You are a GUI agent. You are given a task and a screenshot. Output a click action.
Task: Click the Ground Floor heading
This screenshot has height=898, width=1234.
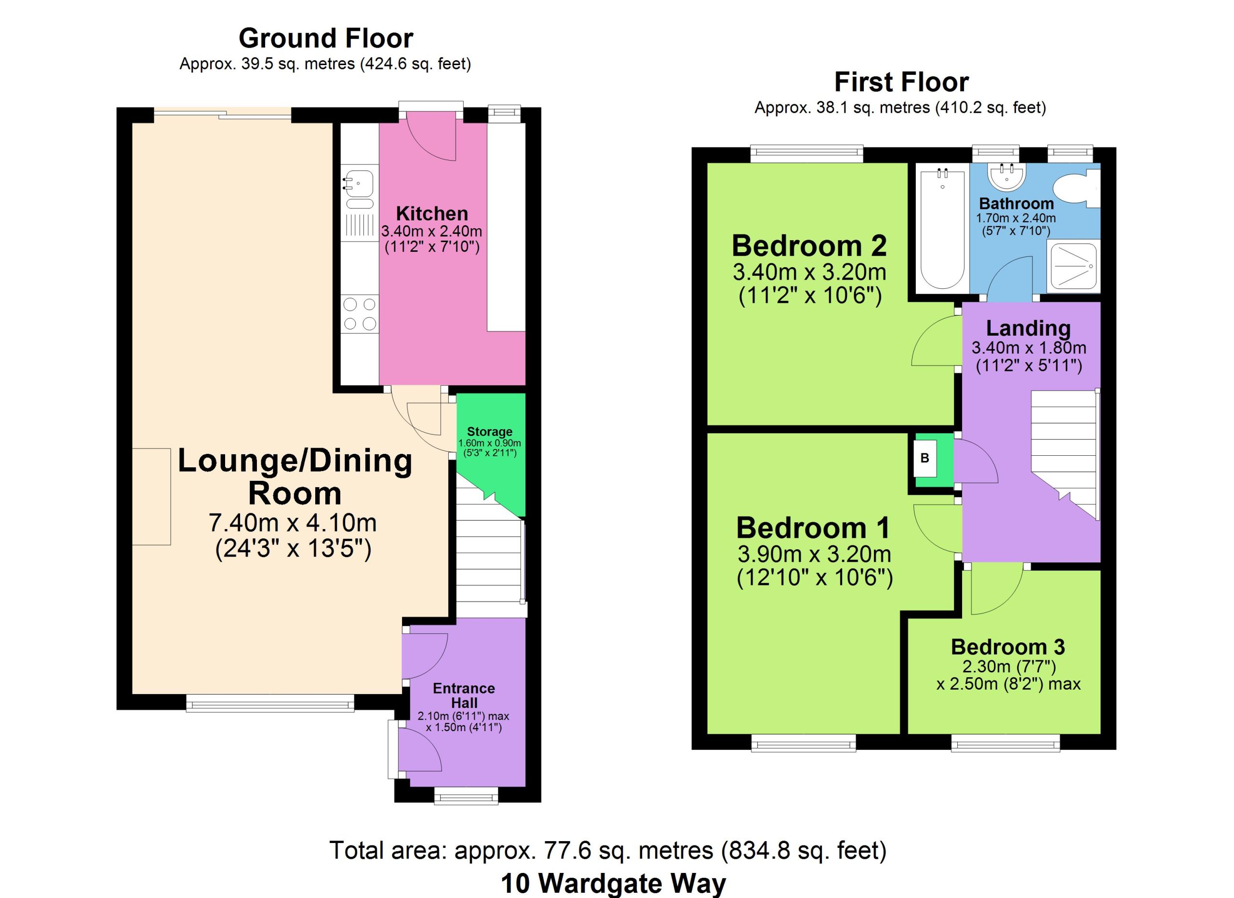coord(326,39)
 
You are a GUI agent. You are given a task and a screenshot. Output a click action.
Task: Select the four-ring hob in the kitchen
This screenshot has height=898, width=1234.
coord(360,314)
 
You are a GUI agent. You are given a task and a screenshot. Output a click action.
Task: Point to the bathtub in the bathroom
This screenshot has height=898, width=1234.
coord(942,228)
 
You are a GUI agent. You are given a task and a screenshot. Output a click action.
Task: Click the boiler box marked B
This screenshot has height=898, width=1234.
coord(925,458)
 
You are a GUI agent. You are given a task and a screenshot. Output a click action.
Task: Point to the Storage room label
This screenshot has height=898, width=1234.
coord(490,432)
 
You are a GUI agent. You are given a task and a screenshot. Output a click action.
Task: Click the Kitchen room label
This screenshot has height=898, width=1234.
coord(432,213)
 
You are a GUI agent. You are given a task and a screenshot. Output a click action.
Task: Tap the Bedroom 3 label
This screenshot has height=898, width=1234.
coord(1007,647)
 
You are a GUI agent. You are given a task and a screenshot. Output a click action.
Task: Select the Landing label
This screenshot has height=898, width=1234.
coord(1028,328)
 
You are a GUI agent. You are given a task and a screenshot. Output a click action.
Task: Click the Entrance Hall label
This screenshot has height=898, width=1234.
coord(464,695)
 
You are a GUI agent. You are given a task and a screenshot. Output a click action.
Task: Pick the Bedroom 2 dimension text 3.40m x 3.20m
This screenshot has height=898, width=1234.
coord(810,272)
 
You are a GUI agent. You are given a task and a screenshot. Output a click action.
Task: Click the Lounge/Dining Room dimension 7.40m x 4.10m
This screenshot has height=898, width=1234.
coord(293,522)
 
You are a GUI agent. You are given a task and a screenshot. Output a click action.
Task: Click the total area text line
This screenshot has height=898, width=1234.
coord(608,850)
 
